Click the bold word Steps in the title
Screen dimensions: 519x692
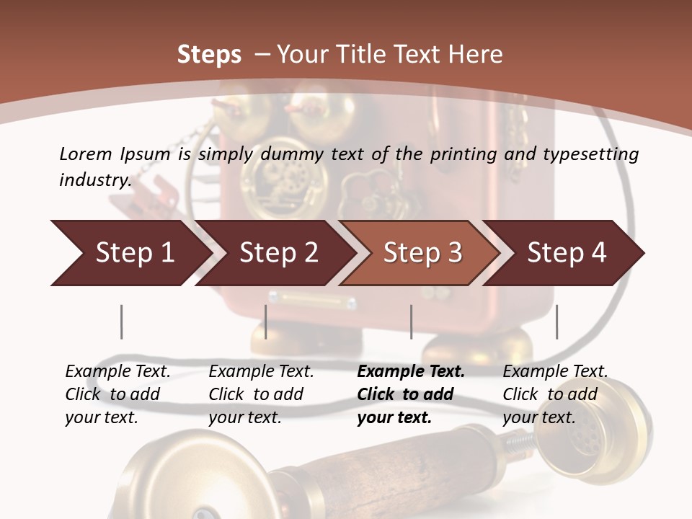pos(209,55)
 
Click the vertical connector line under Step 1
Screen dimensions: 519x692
pos(122,321)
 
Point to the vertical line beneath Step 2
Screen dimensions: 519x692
pos(266,321)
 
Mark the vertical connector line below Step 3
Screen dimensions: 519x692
pos(411,321)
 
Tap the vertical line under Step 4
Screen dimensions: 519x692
pos(556,321)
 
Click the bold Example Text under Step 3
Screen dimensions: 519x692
pos(411,394)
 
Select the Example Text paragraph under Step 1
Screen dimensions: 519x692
pos(117,394)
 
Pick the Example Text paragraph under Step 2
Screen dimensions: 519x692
pos(261,394)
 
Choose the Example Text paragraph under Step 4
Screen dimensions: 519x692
pos(555,394)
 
